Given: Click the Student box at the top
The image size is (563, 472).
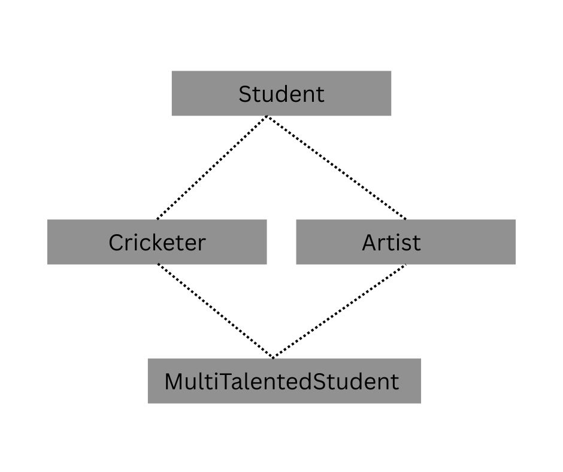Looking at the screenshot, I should click(x=281, y=93).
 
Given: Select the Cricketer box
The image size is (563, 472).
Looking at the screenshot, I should click(x=156, y=242).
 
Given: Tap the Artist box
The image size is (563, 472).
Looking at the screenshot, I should click(x=405, y=242).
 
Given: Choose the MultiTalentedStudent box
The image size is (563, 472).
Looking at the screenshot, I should click(x=284, y=381).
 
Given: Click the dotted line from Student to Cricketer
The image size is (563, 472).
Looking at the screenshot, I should click(x=211, y=168).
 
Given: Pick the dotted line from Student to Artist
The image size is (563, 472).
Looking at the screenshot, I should click(x=336, y=168).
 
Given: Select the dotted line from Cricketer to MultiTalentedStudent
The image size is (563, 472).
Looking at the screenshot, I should click(x=216, y=311).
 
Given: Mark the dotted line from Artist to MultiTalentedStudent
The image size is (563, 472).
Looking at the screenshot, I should click(x=340, y=311).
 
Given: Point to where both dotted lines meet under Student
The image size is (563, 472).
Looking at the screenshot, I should click(x=267, y=117).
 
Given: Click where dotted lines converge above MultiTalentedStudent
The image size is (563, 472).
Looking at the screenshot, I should click(x=274, y=358).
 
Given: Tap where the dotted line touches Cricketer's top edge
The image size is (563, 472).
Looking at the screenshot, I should click(x=157, y=219).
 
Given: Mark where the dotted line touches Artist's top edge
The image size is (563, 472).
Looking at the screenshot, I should click(x=406, y=219).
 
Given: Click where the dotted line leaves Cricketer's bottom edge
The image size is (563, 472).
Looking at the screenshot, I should click(x=158, y=264).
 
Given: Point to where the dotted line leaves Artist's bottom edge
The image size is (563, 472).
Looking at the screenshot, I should click(x=405, y=264).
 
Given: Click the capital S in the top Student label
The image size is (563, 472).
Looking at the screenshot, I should click(x=245, y=94).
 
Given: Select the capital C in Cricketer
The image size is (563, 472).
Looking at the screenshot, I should click(x=116, y=243).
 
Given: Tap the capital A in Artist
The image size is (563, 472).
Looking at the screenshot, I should click(x=370, y=243).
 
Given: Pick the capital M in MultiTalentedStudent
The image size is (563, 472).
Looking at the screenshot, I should click(x=174, y=382).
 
